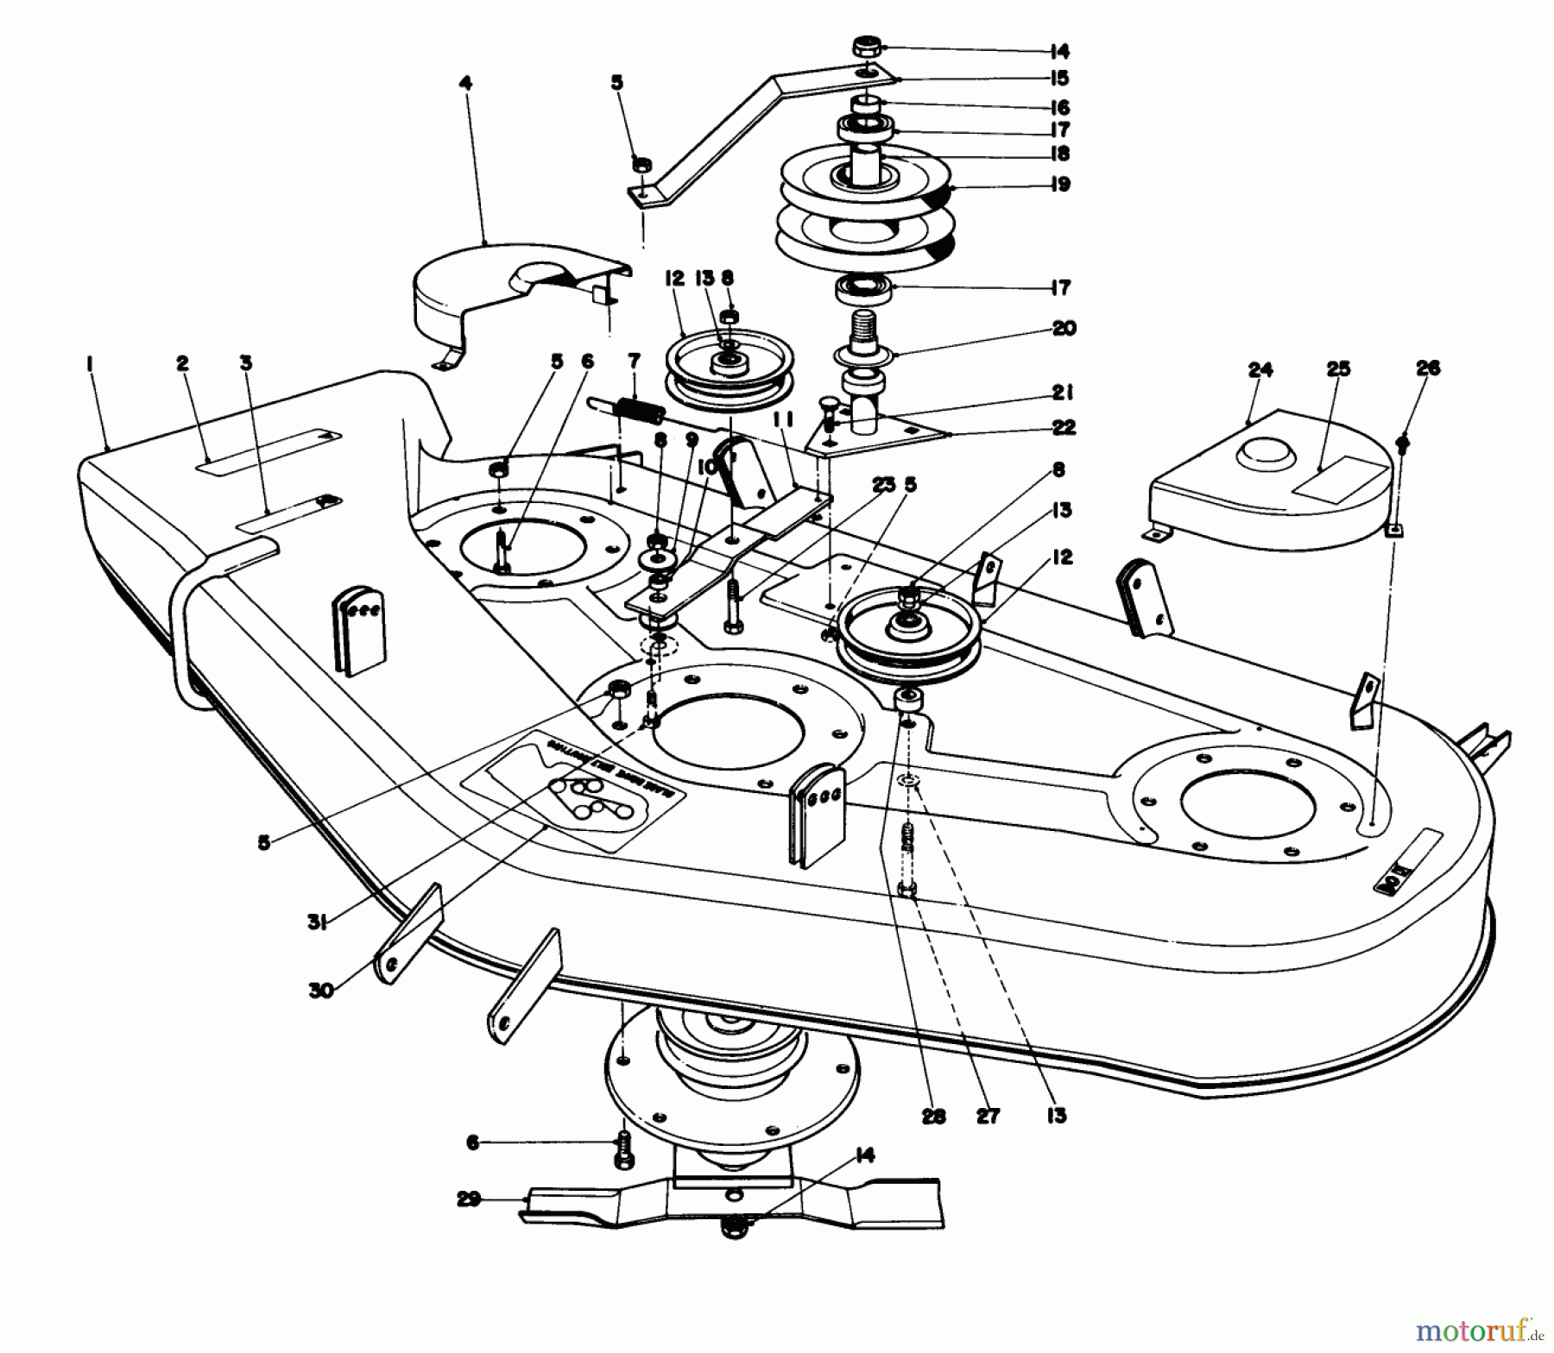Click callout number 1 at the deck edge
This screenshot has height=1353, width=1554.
click(90, 365)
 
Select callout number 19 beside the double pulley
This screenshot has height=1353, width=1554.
click(1061, 184)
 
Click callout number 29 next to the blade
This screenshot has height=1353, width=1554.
click(469, 1199)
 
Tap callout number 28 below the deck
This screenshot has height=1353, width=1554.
click(933, 1116)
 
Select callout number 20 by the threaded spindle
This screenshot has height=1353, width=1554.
click(1064, 329)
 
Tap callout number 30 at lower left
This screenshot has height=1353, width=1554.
click(321, 991)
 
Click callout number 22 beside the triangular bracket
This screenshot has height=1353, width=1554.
click(1064, 427)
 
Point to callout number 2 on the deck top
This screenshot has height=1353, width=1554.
click(182, 364)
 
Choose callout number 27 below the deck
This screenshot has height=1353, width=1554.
click(988, 1116)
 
